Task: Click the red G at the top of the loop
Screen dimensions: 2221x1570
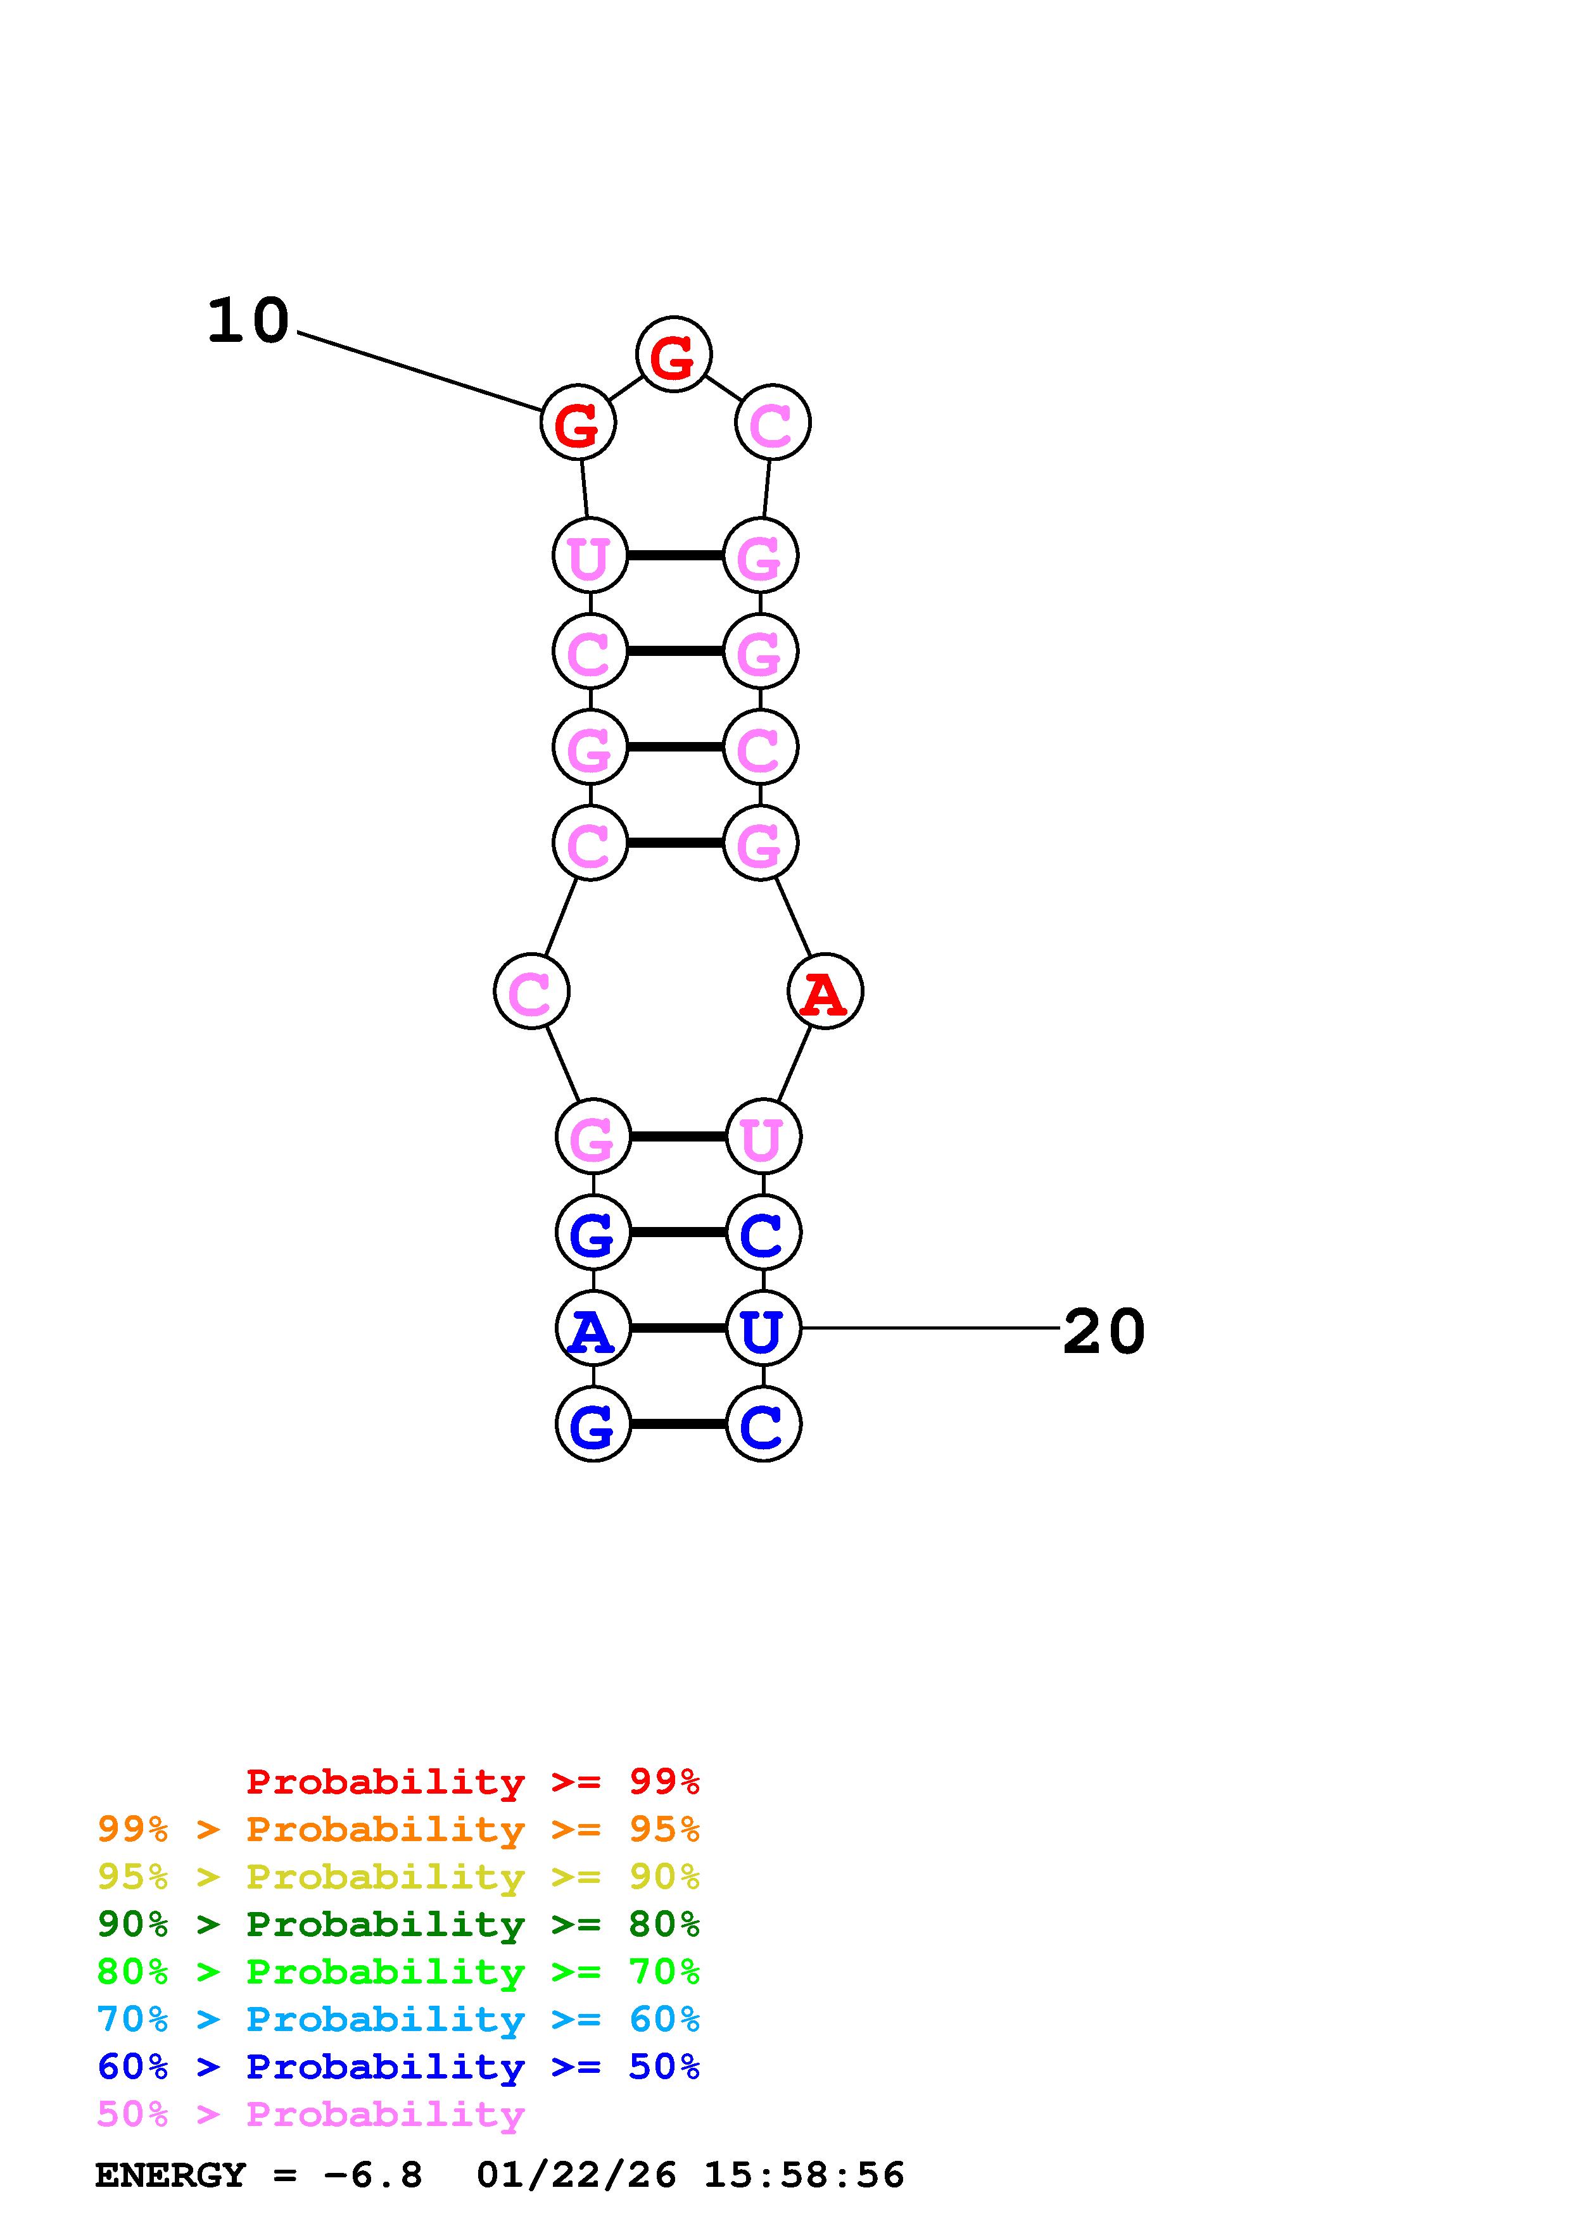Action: click(x=673, y=355)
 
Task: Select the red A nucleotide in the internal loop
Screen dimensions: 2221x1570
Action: click(x=824, y=991)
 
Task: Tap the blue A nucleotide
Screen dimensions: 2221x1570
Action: click(x=592, y=1329)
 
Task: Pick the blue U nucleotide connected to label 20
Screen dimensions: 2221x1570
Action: click(x=763, y=1329)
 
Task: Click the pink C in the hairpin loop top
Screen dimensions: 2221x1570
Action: click(x=772, y=424)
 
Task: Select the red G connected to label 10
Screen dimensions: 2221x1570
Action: click(x=578, y=424)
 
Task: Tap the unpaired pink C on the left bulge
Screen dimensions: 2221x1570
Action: click(x=531, y=991)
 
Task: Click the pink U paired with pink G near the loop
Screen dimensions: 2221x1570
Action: click(x=589, y=557)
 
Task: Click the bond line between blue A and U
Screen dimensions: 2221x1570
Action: click(x=677, y=1329)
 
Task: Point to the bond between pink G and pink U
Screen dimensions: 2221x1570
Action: click(x=677, y=1136)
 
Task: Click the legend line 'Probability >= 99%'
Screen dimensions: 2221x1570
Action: click(x=472, y=1782)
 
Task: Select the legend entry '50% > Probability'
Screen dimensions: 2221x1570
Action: click(x=310, y=2115)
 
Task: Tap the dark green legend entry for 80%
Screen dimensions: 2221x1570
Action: click(x=398, y=1924)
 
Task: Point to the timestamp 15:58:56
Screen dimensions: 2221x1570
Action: click(x=803, y=2175)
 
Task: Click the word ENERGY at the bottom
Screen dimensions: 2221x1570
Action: click(x=170, y=2175)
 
